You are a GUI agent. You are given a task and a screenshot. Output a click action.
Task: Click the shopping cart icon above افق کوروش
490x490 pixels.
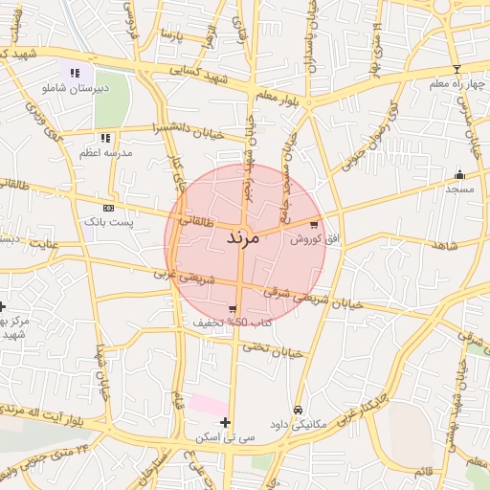tap(314, 225)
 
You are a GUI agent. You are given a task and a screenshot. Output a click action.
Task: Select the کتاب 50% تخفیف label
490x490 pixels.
tap(233, 323)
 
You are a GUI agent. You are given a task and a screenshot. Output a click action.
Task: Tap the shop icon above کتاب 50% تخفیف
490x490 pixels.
tap(233, 309)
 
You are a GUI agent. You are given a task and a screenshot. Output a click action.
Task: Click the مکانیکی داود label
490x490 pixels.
tap(300, 422)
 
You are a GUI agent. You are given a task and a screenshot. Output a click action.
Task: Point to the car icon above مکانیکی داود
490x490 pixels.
tap(298, 410)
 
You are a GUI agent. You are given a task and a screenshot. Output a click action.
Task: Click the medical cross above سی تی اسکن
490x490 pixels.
tap(225, 422)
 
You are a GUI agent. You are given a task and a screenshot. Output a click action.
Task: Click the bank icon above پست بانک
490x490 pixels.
tap(108, 208)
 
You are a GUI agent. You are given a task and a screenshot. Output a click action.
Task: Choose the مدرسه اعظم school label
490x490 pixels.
tap(105, 152)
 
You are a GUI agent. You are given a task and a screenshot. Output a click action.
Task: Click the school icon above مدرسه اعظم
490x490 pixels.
tap(105, 139)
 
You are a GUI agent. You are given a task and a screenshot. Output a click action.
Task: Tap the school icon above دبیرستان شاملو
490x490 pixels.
tap(74, 73)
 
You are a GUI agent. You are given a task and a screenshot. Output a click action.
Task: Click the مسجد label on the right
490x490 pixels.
tap(459, 189)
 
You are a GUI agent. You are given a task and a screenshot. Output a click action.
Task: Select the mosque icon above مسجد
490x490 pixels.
tap(459, 174)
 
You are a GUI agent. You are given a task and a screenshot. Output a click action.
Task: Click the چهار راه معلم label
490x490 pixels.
tap(456, 83)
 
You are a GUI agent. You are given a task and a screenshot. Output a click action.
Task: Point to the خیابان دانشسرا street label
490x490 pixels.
tap(187, 127)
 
